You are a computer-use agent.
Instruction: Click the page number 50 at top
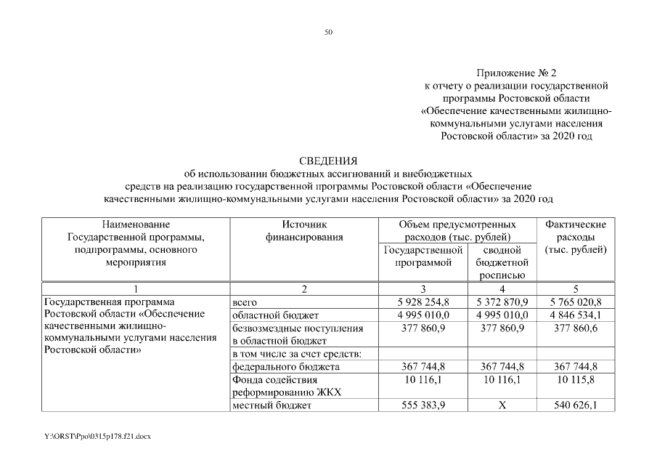click(328, 32)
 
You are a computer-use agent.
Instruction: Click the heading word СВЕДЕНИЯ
click(328, 161)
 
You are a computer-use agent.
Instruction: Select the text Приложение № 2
click(515, 73)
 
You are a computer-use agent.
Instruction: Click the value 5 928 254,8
click(423, 302)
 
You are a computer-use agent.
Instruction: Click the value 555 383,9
click(423, 405)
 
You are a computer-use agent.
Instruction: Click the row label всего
click(245, 302)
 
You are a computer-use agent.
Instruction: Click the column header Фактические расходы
click(575, 237)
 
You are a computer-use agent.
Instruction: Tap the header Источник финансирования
click(303, 230)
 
